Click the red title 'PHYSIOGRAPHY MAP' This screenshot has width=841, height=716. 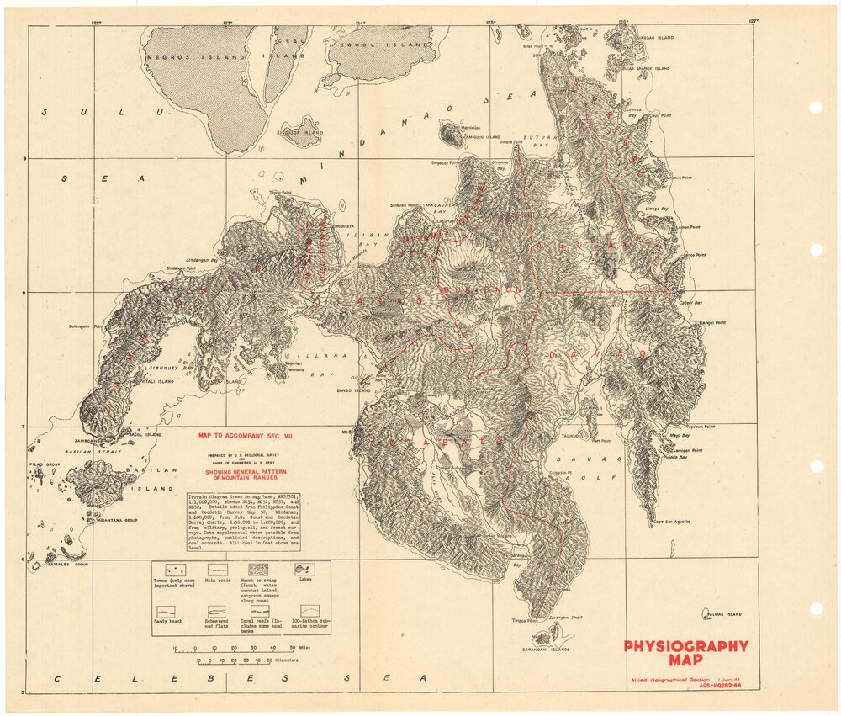[685, 653]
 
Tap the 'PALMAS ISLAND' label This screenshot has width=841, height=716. [723, 615]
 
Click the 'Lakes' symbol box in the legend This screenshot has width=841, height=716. [303, 570]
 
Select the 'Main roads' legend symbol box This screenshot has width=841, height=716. [218, 570]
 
